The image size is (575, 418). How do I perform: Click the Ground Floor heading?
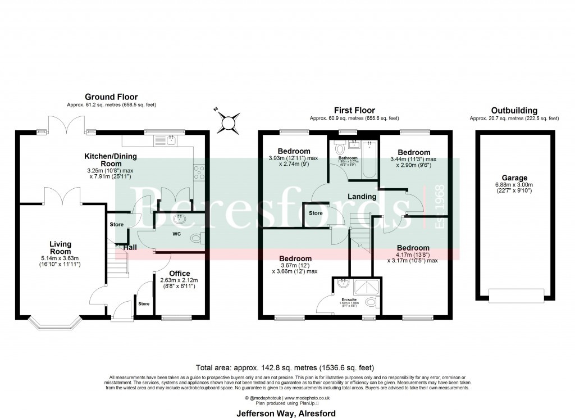pyautogui.click(x=111, y=97)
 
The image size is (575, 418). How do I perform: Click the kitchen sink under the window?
pyautogui.click(x=167, y=139)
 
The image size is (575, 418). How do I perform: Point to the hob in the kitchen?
pyautogui.click(x=200, y=171)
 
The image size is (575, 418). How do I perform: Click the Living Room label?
pyautogui.click(x=60, y=248)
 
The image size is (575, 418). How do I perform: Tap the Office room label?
pyautogui.click(x=180, y=274)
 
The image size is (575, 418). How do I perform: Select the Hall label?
pyautogui.click(x=130, y=247)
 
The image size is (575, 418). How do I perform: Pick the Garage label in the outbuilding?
pyautogui.click(x=510, y=178)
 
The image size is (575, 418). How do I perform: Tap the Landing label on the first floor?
pyautogui.click(x=362, y=197)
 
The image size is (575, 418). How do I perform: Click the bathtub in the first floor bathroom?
pyautogui.click(x=368, y=160)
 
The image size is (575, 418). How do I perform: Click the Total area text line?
pyautogui.click(x=287, y=364)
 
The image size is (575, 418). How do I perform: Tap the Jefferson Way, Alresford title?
pyautogui.click(x=287, y=414)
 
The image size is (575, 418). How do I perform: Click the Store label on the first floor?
pyautogui.click(x=316, y=213)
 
